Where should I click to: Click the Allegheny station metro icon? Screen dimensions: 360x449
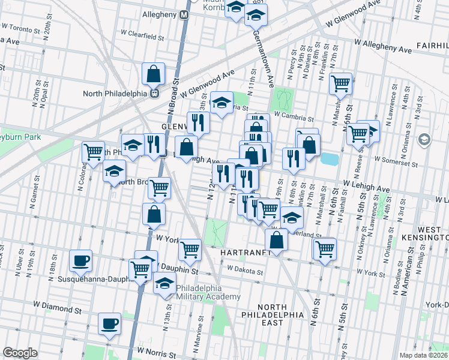pos(184,13)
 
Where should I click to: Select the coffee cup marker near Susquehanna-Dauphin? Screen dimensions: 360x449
pos(80,260)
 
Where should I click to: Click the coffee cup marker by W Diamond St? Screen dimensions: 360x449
pos(109,323)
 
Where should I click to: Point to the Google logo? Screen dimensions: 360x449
pos(20,352)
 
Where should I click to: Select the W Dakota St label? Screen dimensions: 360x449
pos(245,271)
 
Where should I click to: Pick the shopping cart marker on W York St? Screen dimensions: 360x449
pos(190,249)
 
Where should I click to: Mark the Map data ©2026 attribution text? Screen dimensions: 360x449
pos(423,355)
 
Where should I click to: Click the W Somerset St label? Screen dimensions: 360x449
pos(396,163)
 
